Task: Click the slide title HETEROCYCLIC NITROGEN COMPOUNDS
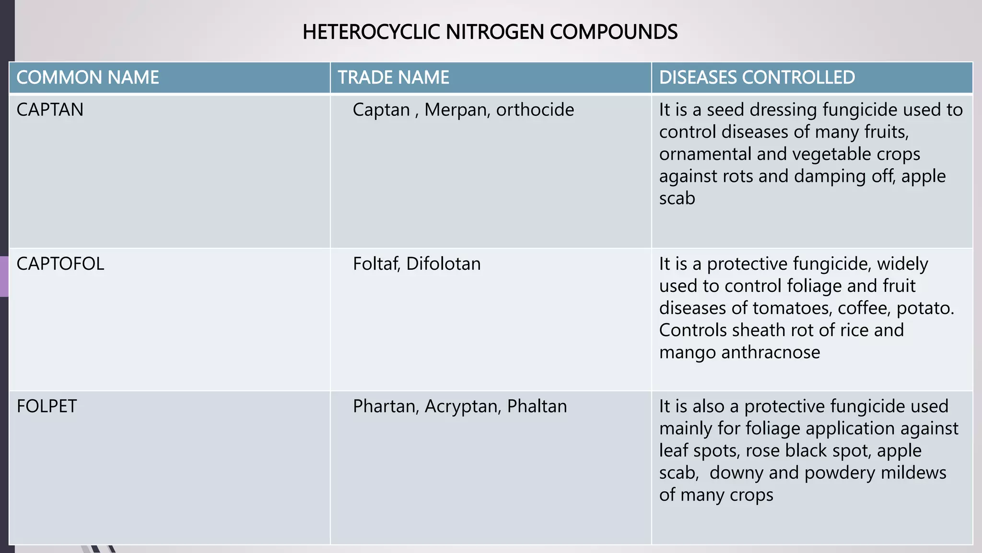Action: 490,32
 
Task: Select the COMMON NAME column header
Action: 88,77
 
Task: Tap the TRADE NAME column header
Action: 393,77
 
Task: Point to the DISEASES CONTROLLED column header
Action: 757,77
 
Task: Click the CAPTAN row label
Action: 50,110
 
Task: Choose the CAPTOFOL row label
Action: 60,264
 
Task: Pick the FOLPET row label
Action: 47,407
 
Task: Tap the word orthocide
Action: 535,110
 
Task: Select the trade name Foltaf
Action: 376,264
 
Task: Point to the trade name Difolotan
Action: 444,264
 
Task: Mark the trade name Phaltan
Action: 537,407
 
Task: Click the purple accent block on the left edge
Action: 4,276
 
